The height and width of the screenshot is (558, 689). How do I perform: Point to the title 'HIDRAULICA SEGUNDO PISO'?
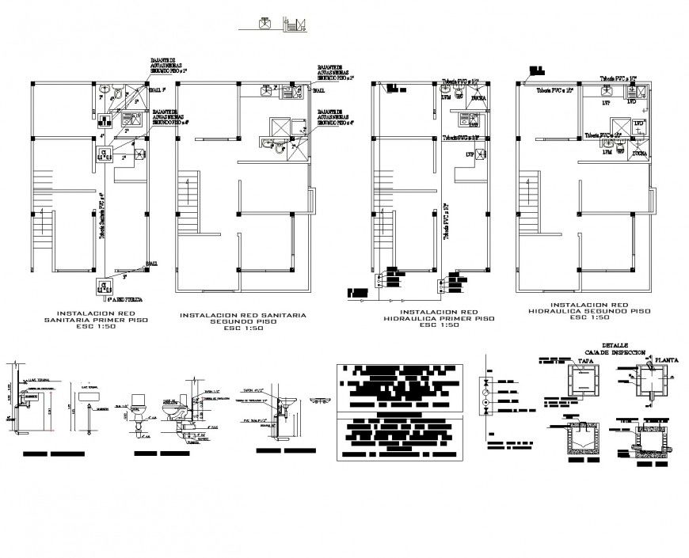(x=589, y=309)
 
